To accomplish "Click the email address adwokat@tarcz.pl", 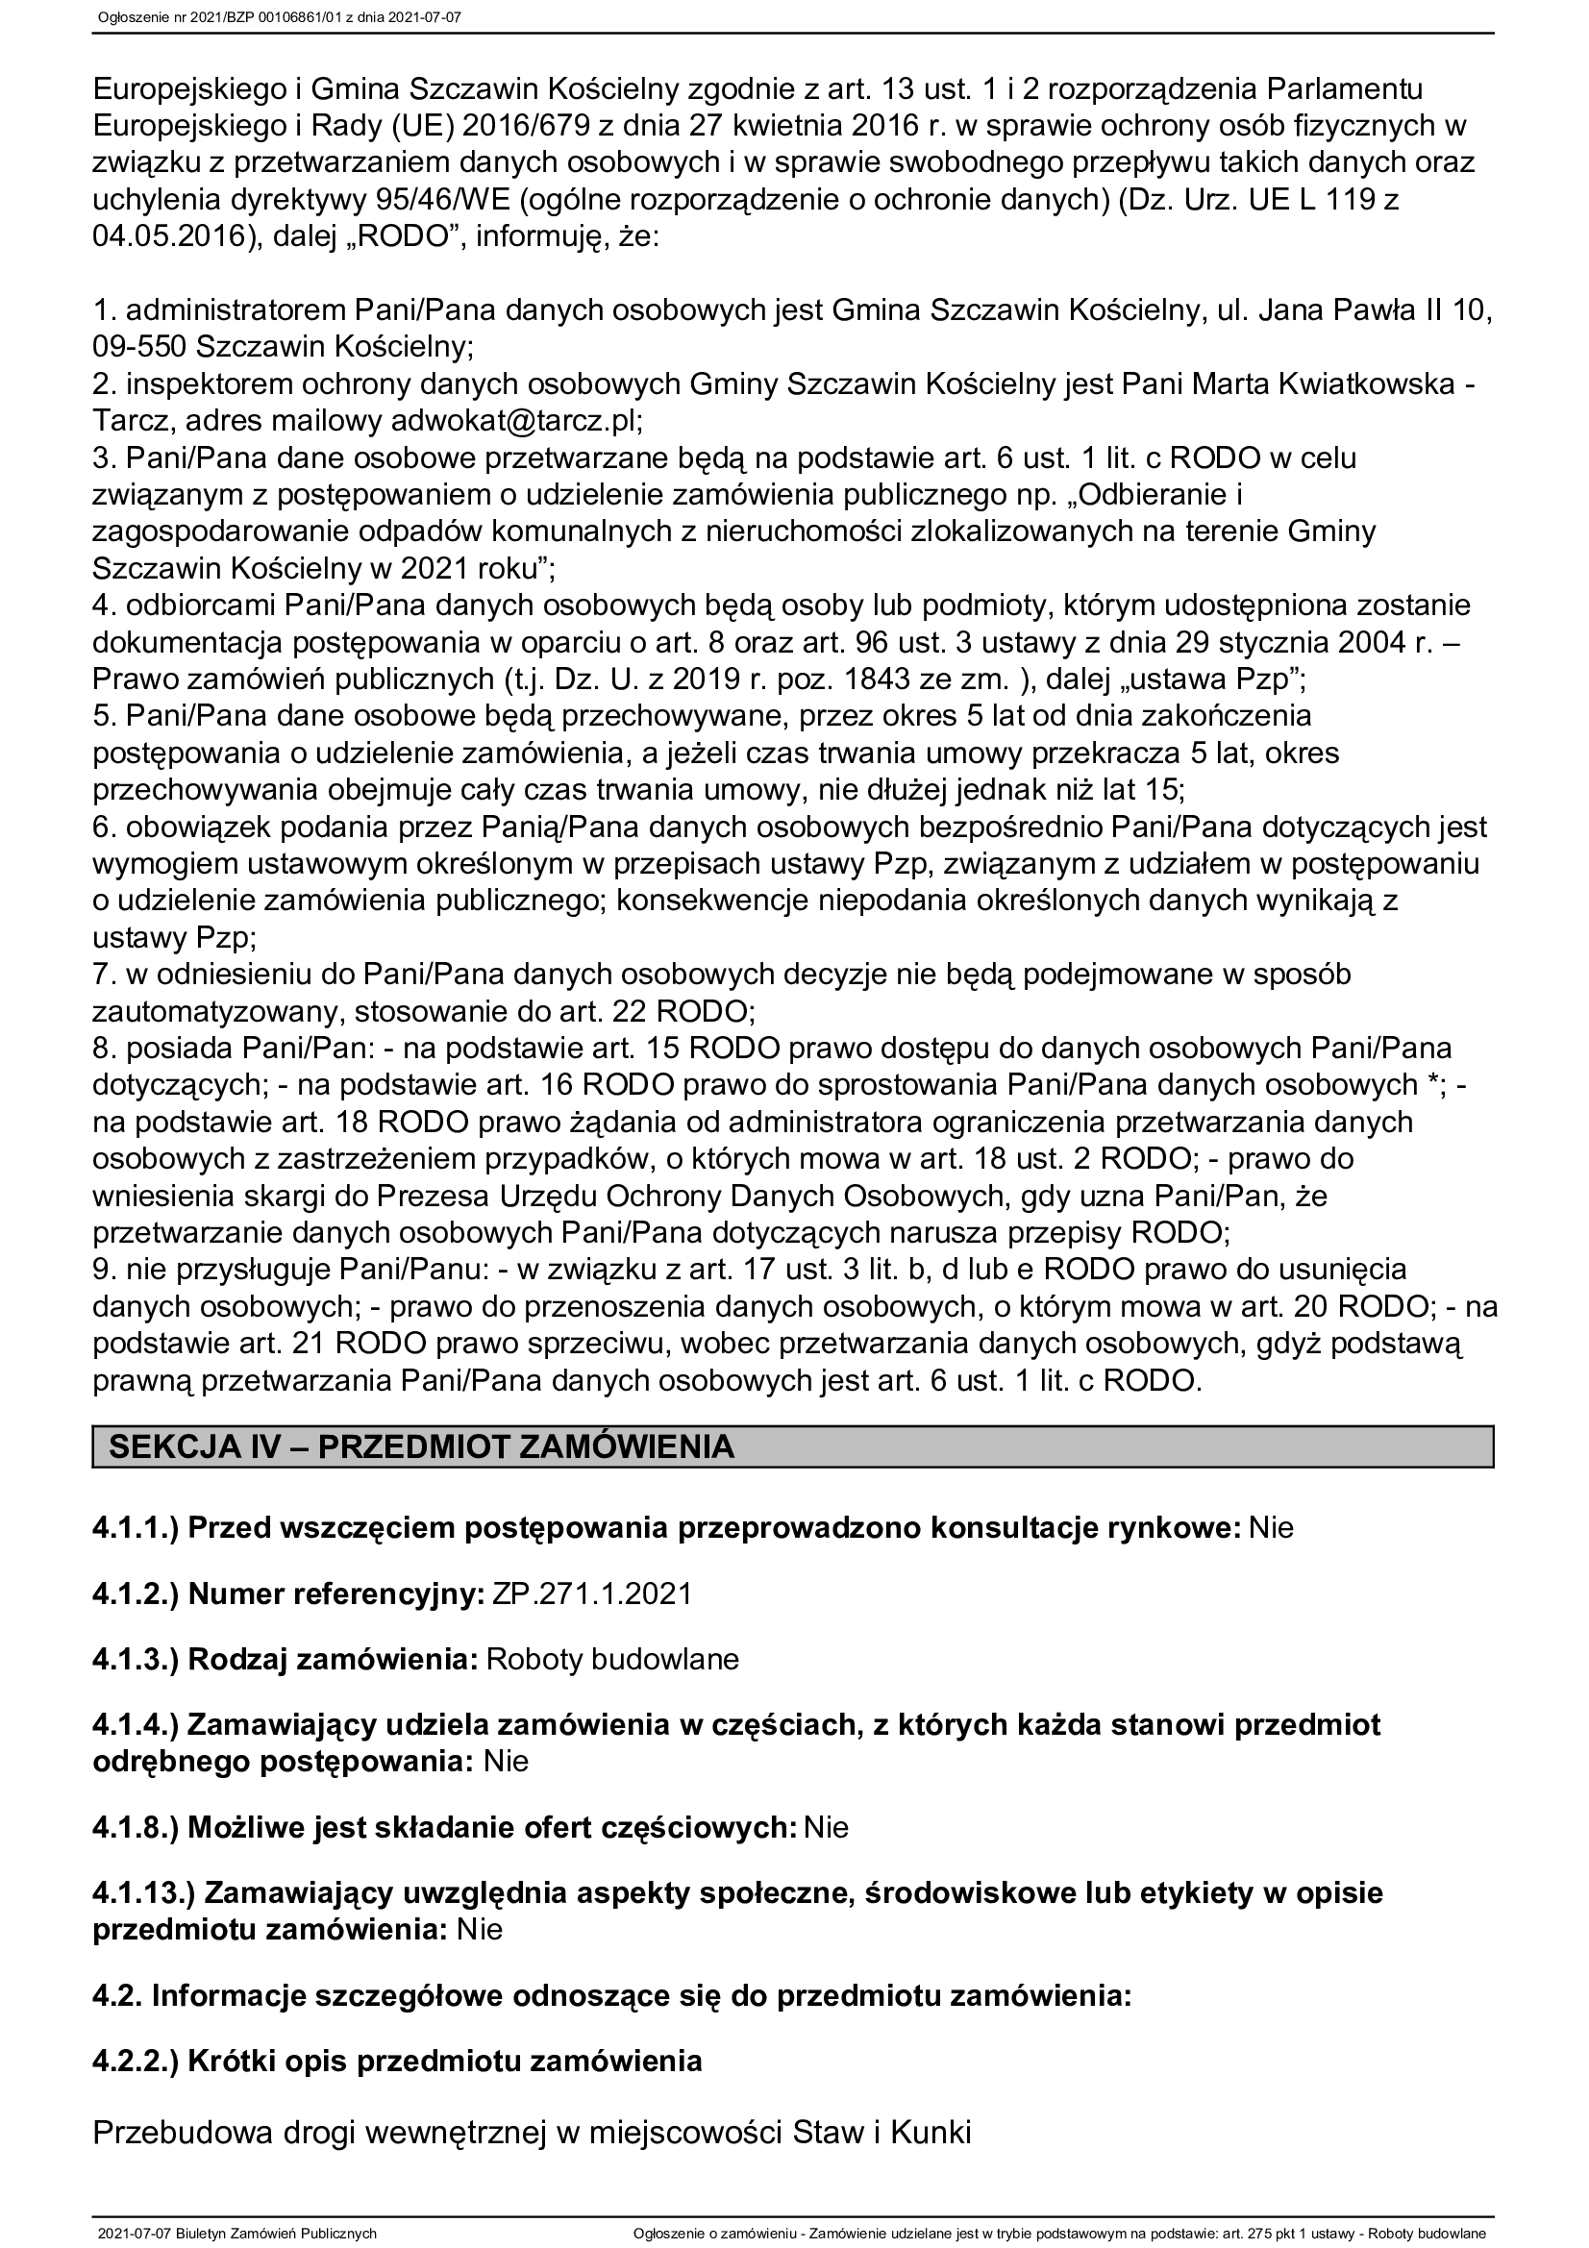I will (516, 421).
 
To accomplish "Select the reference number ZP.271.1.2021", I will (591, 1593).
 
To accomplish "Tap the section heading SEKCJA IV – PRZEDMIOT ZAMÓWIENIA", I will (421, 1447).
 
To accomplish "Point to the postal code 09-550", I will (139, 348).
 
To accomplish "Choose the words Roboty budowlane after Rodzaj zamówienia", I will (612, 1660).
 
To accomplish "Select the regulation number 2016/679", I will (528, 126).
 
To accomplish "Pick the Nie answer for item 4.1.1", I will (1271, 1527).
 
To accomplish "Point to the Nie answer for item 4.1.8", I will (826, 1827).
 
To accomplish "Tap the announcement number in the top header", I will (279, 16).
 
